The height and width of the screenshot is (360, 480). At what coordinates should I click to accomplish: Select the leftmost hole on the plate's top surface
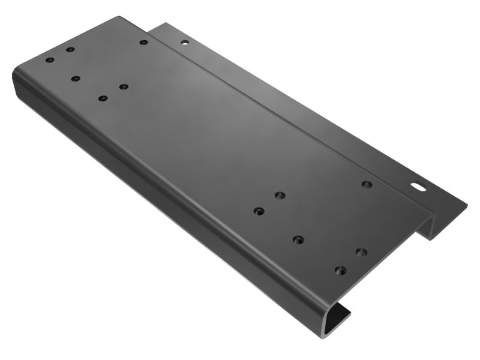(50, 61)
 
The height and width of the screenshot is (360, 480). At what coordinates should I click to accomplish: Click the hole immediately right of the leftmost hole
(70, 50)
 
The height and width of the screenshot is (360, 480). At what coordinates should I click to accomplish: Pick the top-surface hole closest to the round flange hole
(143, 42)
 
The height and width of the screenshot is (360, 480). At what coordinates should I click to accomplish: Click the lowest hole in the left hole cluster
(103, 98)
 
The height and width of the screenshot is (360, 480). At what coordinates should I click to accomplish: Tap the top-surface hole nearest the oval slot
(367, 184)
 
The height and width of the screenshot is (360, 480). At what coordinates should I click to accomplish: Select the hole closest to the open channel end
(340, 270)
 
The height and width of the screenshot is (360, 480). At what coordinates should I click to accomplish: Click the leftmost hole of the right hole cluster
(259, 211)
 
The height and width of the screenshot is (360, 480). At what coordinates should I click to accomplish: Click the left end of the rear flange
(157, 27)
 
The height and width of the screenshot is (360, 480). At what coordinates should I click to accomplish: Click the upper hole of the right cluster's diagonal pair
(279, 195)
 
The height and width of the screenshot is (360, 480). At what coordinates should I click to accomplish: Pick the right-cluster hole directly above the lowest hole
(361, 251)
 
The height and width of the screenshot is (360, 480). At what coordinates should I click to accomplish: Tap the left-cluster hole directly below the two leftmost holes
(75, 78)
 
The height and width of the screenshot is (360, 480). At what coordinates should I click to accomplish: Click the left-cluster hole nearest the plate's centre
(123, 87)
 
